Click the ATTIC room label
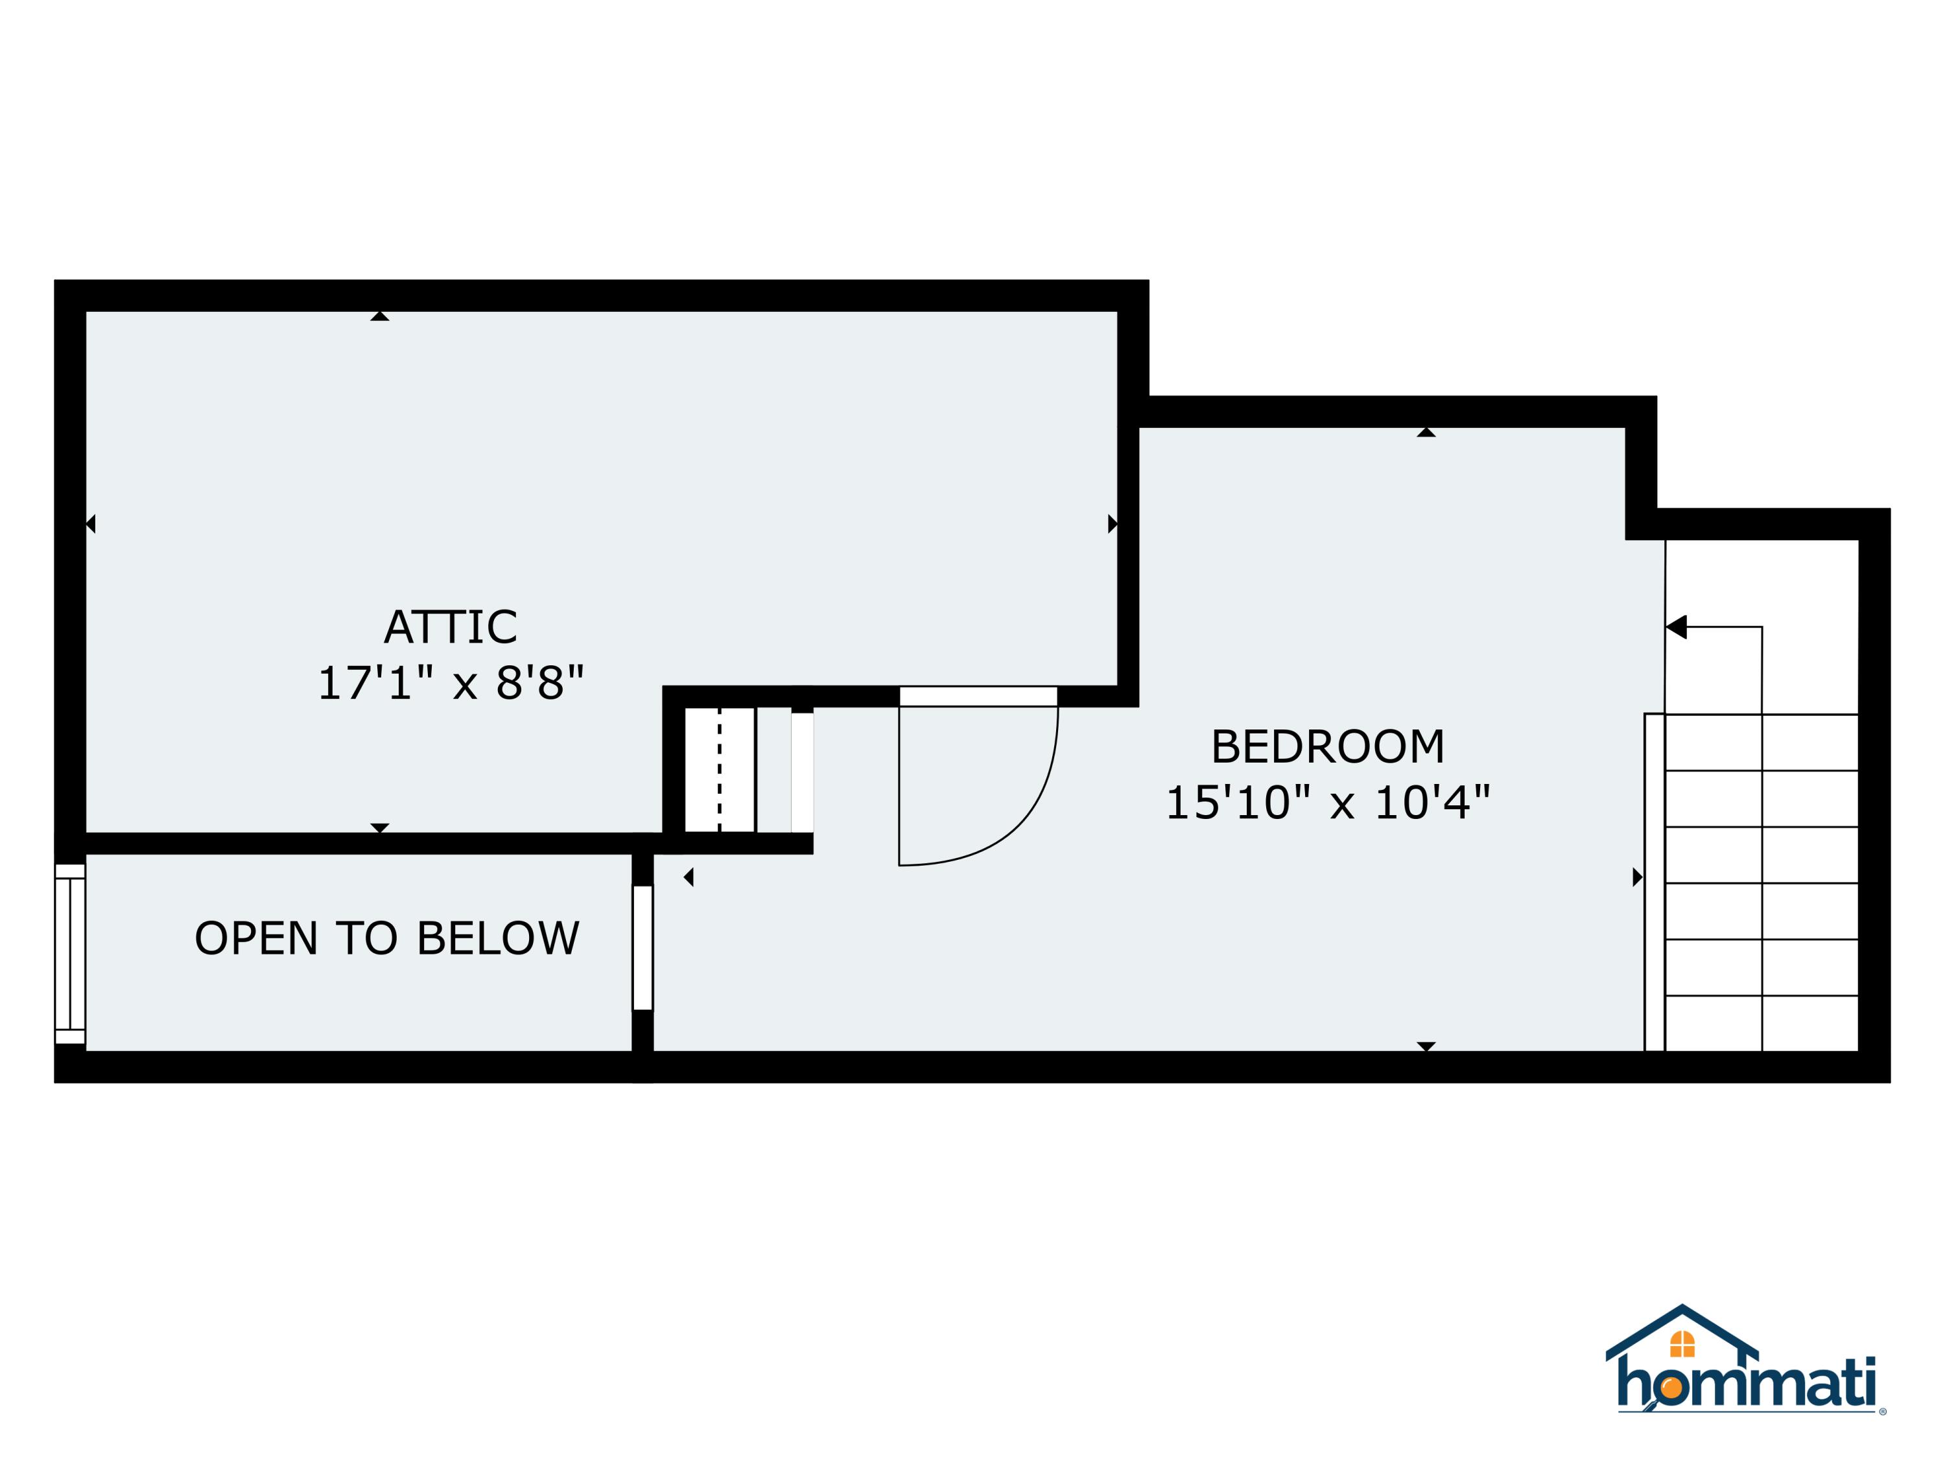450,627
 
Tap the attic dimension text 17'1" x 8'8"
450,683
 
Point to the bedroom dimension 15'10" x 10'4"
1328,803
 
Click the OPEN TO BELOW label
387,938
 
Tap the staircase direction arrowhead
1676,627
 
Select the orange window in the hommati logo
1681,1344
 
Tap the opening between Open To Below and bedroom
642,948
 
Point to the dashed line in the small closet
719,770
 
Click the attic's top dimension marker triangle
380,316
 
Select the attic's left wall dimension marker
91,524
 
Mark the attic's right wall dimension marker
1113,524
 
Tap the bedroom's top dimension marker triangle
1426,432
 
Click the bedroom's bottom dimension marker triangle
1426,1047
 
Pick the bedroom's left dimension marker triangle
689,877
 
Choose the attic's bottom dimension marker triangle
380,827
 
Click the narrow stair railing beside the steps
1654,882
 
